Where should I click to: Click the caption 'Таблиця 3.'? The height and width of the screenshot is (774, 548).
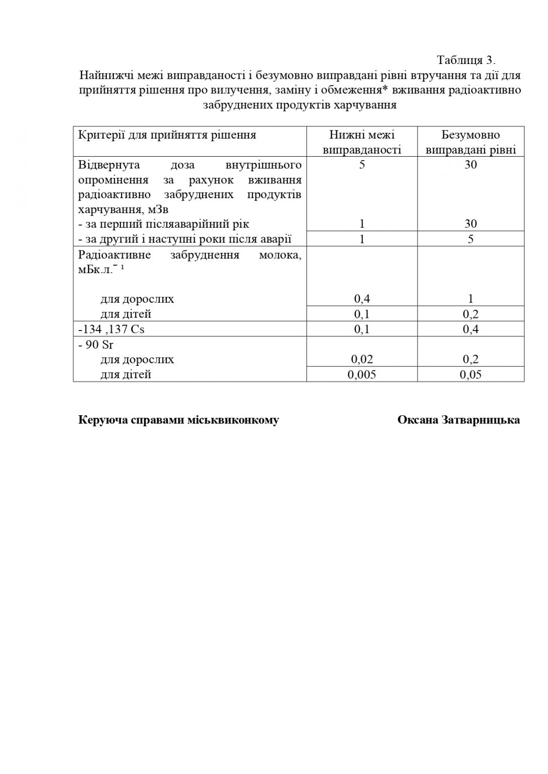(x=466, y=60)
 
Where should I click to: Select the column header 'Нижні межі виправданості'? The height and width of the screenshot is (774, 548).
(x=362, y=142)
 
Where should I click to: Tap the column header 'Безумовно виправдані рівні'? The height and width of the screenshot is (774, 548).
(x=470, y=142)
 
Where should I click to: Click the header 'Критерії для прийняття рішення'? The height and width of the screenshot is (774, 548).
(x=167, y=135)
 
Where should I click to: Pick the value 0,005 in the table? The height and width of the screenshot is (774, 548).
(x=362, y=374)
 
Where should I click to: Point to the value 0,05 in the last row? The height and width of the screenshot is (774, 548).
(x=470, y=374)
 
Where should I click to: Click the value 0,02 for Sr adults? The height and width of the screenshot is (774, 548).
(x=362, y=359)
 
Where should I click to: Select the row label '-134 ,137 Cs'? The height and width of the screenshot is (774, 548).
(x=112, y=329)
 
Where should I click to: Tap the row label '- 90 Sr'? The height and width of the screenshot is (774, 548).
(x=96, y=345)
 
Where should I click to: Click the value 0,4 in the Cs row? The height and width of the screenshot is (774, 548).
(x=470, y=329)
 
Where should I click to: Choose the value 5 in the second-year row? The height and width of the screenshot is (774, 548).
(x=470, y=239)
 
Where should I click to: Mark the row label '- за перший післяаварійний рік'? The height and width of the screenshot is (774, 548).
(x=164, y=224)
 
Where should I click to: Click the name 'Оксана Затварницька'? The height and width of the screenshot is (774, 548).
(x=458, y=420)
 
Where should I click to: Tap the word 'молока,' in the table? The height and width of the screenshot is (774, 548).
(x=280, y=254)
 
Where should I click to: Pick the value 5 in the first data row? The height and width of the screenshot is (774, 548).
(x=362, y=165)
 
